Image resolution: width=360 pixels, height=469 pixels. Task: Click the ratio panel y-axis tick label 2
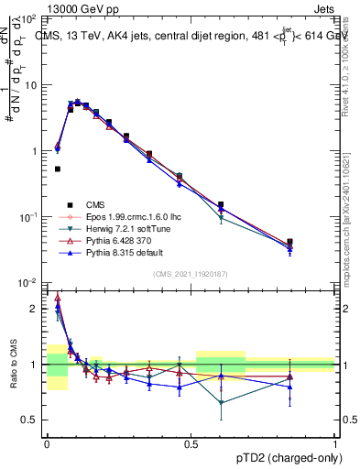(x=35, y=310)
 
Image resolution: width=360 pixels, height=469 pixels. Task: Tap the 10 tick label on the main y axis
(x=31, y=85)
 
